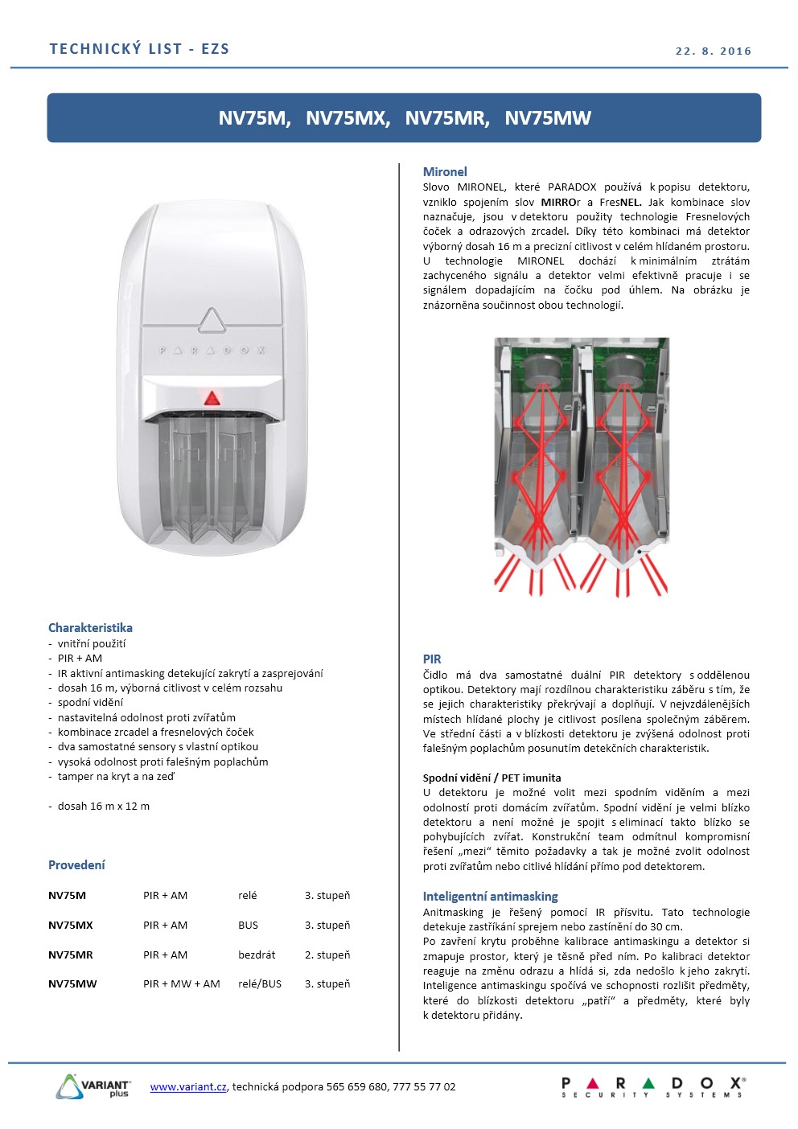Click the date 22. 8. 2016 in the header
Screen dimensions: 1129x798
click(713, 51)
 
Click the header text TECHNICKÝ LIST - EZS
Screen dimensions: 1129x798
click(139, 49)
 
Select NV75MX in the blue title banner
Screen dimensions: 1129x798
click(348, 118)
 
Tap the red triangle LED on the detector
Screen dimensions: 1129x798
click(212, 397)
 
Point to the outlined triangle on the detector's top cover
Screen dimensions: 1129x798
click(212, 320)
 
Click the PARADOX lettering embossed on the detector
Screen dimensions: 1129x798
click(212, 351)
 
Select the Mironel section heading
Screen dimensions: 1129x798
click(445, 171)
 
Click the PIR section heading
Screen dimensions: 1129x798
click(432, 659)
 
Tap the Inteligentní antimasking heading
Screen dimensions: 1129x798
click(490, 896)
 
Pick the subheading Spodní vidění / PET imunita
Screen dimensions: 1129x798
click(492, 778)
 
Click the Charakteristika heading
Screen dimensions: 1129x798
click(90, 627)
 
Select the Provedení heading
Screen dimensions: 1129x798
click(76, 864)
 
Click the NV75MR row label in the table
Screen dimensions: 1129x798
click(71, 955)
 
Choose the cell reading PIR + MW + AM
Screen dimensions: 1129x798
click(182, 983)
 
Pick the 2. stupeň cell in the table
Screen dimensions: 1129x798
click(327, 955)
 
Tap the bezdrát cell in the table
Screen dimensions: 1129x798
click(257, 955)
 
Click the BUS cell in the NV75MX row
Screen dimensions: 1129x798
click(248, 925)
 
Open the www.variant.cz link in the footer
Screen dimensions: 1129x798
click(188, 1086)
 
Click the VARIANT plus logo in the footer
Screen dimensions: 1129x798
click(93, 1086)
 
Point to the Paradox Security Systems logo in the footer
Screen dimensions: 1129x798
click(652, 1086)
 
